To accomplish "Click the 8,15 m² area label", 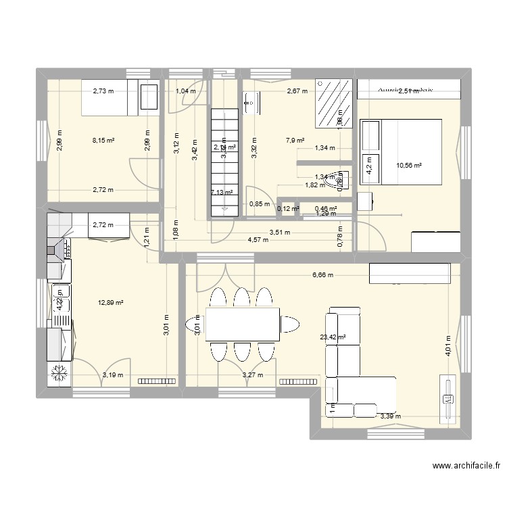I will click(103, 141).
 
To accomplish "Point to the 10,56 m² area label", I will click(409, 164).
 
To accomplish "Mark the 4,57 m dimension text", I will click(258, 239).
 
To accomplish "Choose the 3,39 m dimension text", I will click(390, 416).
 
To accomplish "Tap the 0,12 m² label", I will click(288, 209).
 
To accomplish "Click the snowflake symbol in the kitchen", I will click(59, 372).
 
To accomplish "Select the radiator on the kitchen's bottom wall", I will click(157, 381).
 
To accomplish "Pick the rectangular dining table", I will click(243, 324).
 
